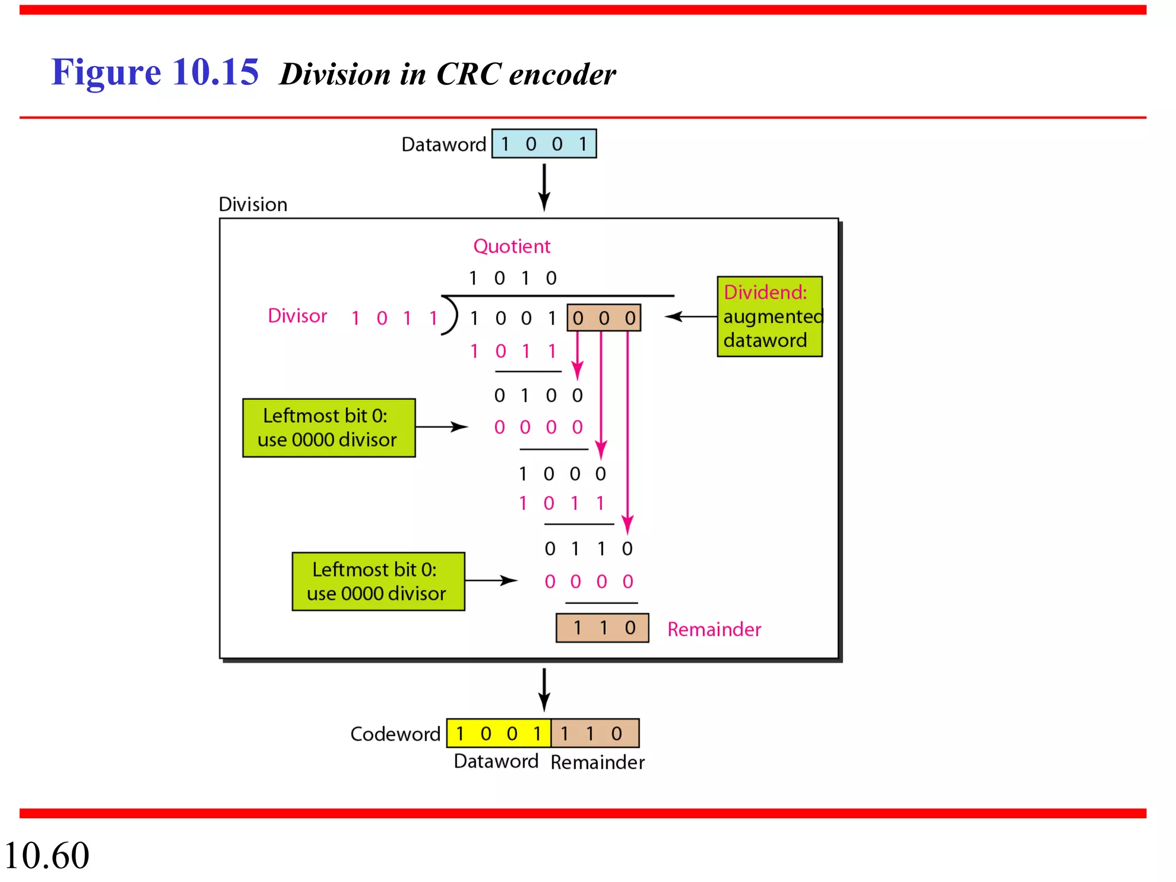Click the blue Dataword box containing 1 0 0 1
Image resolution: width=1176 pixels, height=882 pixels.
[544, 144]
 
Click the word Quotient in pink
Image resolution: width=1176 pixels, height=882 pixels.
[511, 246]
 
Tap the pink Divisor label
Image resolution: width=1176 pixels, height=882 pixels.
[297, 316]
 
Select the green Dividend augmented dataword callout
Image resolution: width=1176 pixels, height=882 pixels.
[769, 316]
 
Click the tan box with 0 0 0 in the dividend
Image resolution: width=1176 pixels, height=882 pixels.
[604, 318]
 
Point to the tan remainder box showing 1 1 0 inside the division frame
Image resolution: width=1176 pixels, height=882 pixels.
[602, 628]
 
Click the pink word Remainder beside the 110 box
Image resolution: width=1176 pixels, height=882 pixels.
[714, 629]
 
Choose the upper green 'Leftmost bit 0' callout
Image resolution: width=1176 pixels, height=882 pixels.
[328, 428]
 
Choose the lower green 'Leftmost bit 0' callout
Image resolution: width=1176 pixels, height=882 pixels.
[378, 581]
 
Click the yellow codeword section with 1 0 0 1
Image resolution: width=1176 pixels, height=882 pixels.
[498, 733]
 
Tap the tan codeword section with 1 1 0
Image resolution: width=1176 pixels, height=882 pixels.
[595, 733]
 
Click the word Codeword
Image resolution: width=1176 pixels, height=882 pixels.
[395, 734]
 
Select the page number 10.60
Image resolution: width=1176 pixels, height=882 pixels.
[47, 856]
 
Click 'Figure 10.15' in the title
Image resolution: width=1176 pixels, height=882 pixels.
[155, 72]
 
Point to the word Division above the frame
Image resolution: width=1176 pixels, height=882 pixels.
[253, 204]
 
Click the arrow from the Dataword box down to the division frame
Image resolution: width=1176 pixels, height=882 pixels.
[544, 187]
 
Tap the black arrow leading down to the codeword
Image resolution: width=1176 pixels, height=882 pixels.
[544, 689]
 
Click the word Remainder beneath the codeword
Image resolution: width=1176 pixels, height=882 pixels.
[597, 762]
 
